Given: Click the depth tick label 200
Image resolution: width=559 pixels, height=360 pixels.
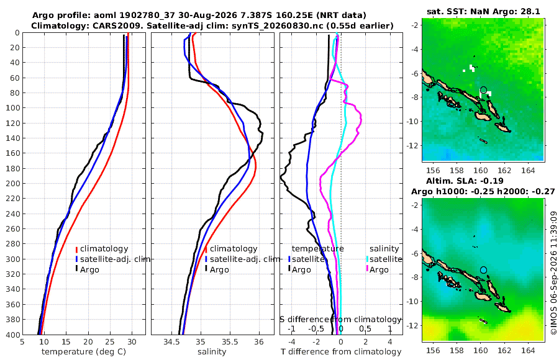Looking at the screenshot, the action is [12, 184].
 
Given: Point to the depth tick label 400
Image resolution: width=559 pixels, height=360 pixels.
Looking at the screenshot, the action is [12, 335].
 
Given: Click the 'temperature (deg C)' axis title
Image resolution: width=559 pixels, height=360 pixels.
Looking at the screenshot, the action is [84, 352].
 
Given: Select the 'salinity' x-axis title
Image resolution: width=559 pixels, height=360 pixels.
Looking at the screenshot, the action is [212, 352].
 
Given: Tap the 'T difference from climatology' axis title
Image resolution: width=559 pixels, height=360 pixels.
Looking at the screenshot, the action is [341, 352].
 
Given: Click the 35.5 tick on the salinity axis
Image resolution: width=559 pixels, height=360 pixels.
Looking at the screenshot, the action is [230, 342].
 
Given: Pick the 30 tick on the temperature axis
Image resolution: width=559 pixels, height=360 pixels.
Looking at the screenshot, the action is [132, 342].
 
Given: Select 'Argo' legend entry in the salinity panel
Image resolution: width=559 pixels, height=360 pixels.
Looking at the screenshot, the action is [217, 269].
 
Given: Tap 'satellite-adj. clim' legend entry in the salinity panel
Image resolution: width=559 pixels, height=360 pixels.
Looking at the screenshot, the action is [242, 259].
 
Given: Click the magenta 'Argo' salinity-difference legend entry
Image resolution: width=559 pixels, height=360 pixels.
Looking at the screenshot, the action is [376, 269].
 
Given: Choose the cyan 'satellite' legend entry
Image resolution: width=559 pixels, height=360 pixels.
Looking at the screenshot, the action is [384, 259].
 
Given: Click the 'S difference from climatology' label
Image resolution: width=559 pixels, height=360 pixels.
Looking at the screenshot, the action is [341, 319].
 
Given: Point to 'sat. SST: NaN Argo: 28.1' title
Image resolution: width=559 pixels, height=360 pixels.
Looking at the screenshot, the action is [483, 11].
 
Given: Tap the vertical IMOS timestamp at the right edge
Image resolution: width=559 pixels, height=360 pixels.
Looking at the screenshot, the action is [553, 273].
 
